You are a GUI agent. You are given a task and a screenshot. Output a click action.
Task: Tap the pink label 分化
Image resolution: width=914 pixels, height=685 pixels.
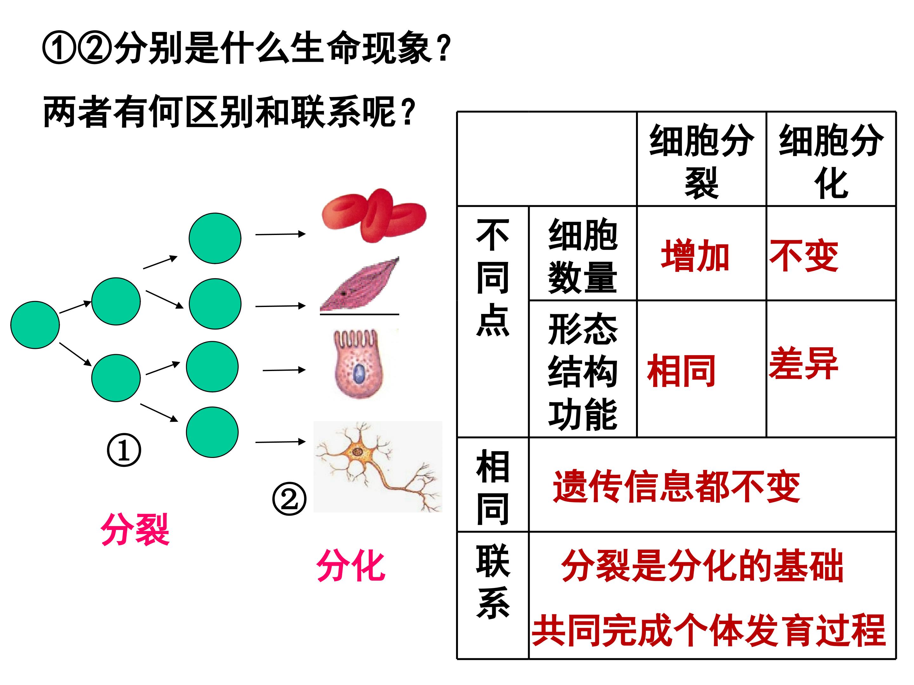351,565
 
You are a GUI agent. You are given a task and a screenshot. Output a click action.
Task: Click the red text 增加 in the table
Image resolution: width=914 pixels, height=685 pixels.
695,256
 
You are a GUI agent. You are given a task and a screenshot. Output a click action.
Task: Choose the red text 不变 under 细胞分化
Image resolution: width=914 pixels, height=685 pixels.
804,256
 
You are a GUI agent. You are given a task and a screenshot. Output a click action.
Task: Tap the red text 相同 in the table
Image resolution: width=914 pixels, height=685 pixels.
681,371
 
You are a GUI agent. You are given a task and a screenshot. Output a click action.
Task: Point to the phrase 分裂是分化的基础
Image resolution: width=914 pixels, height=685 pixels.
702,566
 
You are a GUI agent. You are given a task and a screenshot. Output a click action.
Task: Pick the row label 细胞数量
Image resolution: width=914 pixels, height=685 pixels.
583,256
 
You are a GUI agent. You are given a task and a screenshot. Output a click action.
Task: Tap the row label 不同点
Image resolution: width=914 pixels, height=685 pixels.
493,277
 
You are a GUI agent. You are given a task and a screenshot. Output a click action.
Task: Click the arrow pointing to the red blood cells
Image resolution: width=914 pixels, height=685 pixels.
280,234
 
